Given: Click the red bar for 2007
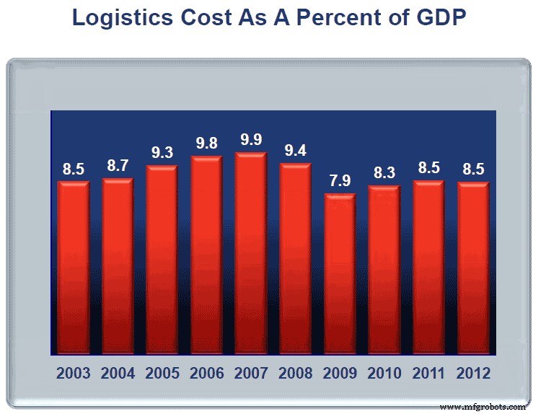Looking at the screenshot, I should [x=251, y=254].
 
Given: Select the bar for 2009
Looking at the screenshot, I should [x=340, y=274].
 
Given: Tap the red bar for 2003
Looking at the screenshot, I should [x=74, y=268].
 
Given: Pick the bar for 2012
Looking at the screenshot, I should [x=473, y=268].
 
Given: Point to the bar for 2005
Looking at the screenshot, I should [x=162, y=260].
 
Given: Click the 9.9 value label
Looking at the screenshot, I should [x=251, y=140].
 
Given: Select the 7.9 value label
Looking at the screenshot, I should [x=340, y=181].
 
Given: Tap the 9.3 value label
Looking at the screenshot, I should [x=162, y=153].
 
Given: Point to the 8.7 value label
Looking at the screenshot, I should [x=118, y=166].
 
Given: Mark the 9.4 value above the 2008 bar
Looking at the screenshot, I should [x=296, y=151].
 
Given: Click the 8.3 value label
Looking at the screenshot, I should [x=384, y=173].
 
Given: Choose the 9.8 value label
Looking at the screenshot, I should [x=206, y=143].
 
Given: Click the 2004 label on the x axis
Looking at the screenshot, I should [x=118, y=374].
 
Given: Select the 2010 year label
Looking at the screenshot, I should [x=384, y=374].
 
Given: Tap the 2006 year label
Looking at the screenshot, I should [x=206, y=374].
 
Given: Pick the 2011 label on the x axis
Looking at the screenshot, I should [x=429, y=374].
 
